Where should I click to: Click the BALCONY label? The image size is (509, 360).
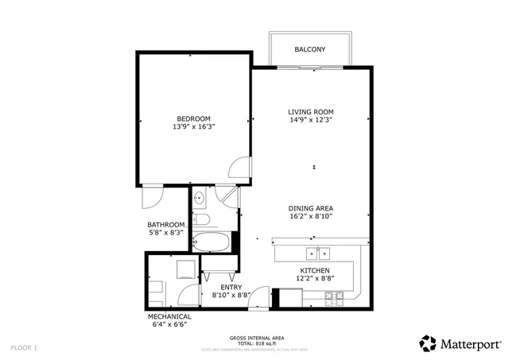(x=309, y=49)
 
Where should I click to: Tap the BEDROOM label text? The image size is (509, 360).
(x=193, y=118)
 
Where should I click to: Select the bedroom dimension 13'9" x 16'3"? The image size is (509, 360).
(x=193, y=126)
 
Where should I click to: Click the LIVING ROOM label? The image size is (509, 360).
(x=310, y=112)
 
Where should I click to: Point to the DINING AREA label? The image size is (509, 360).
(x=310, y=208)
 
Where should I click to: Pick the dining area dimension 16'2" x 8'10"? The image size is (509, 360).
(x=310, y=216)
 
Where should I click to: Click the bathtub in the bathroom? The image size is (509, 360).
(x=212, y=241)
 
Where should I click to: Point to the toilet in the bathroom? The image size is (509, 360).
(x=202, y=219)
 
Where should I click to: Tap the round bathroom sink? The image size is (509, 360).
(x=200, y=198)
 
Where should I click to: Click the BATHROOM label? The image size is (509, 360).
(x=166, y=224)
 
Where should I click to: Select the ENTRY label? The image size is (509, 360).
(x=231, y=286)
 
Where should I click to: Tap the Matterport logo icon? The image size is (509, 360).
(x=428, y=343)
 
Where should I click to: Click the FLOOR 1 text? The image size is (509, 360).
(x=24, y=347)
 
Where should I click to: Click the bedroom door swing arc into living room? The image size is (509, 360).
(x=238, y=166)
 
